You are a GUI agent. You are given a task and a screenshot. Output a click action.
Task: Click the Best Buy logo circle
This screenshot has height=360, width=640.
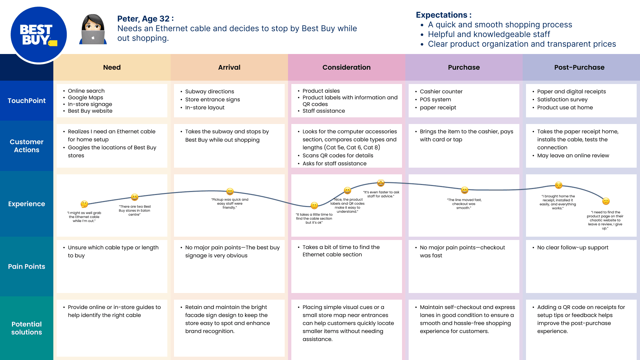(x=39, y=35)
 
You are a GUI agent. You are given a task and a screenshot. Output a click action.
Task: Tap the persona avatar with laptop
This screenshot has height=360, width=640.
(x=93, y=29)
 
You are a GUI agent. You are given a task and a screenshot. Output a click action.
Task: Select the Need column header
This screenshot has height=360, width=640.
(x=112, y=67)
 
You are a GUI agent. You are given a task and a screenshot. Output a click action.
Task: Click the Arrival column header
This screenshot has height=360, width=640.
(x=229, y=67)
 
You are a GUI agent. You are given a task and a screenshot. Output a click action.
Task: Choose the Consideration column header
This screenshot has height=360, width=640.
(x=346, y=67)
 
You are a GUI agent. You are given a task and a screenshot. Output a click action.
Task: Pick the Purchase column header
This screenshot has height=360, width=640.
(x=464, y=67)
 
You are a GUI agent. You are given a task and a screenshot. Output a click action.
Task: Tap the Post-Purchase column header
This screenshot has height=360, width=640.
(x=579, y=67)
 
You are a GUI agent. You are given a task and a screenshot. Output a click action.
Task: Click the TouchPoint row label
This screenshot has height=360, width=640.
(x=27, y=101)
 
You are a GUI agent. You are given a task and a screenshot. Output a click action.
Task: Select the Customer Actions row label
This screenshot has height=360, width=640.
(x=27, y=146)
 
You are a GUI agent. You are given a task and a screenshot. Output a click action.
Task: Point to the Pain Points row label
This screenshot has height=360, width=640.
(x=27, y=267)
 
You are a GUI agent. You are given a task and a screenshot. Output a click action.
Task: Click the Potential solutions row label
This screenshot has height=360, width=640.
(x=27, y=328)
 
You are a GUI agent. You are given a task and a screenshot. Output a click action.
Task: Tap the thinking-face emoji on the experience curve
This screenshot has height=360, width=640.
(x=84, y=204)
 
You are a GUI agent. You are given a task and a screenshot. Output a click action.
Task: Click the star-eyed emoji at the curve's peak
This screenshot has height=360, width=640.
(x=381, y=183)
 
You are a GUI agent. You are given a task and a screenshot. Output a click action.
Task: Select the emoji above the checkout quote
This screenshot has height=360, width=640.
(x=465, y=190)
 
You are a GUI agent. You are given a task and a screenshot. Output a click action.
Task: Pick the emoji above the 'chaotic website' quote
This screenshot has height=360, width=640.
(x=606, y=201)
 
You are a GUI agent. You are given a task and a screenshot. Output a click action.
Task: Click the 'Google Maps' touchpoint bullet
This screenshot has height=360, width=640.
(x=85, y=98)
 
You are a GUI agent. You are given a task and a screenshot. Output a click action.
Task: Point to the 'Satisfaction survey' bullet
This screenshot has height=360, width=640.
(x=562, y=100)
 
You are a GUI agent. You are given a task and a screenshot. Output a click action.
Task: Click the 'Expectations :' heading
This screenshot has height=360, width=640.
(x=444, y=15)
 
